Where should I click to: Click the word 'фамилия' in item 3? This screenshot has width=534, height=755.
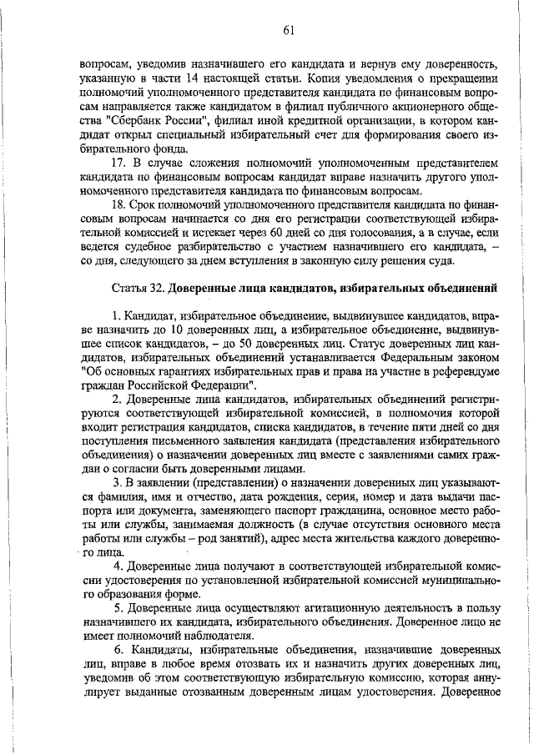tap(103, 496)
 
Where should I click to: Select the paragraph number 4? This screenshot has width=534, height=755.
tap(118, 566)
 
